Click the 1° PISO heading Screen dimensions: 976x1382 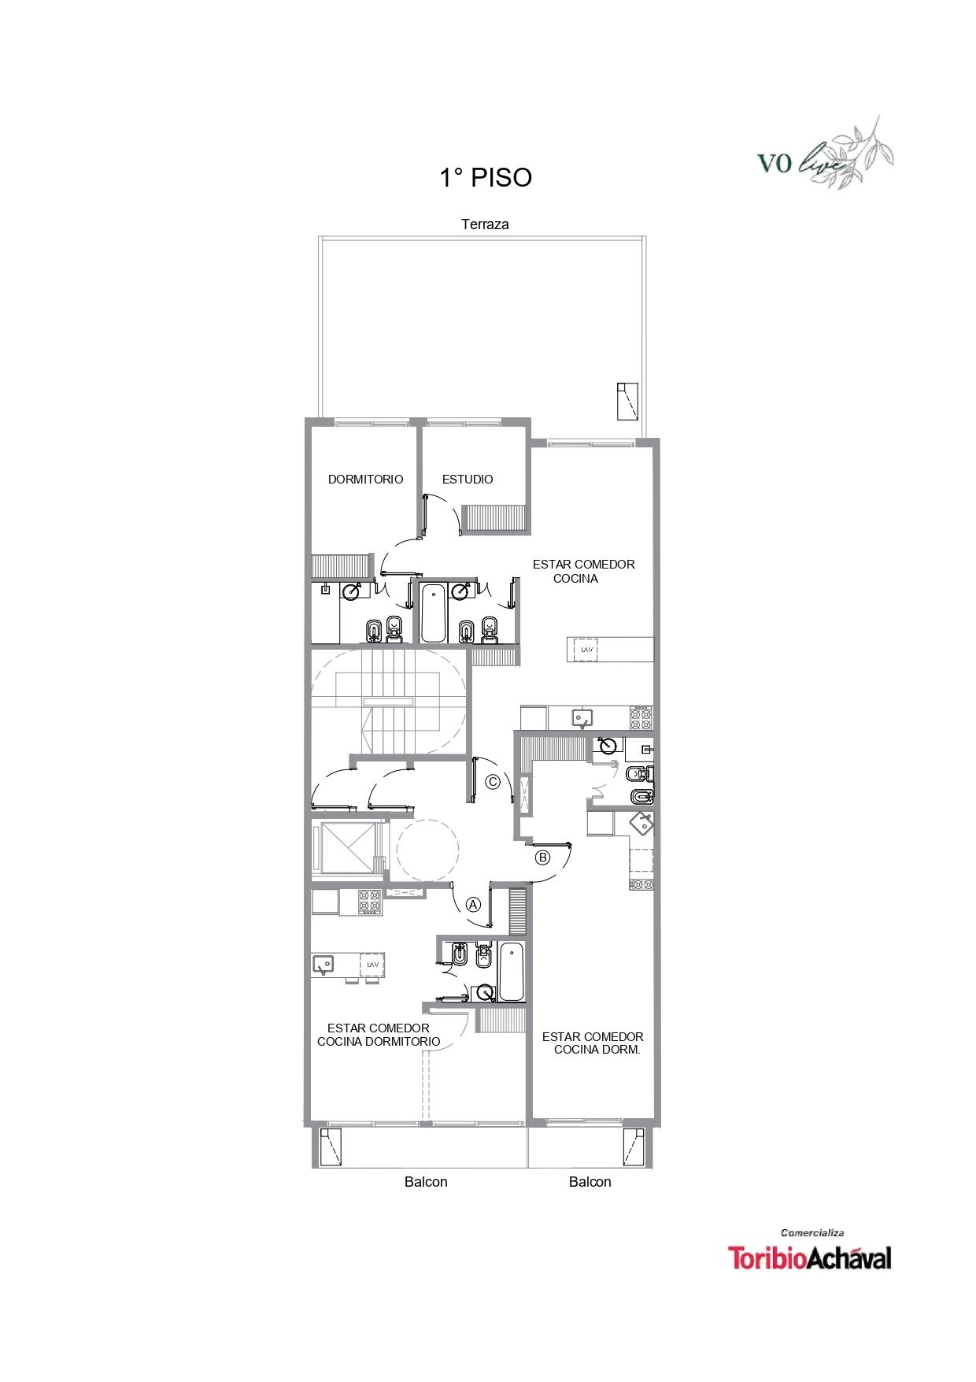point(486,178)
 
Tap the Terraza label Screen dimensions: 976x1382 point(485,224)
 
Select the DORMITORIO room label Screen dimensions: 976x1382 point(365,479)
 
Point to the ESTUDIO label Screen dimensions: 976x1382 point(468,479)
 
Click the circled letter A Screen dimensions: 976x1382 point(473,904)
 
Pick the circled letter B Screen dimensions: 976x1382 point(542,858)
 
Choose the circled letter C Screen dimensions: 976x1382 point(494,782)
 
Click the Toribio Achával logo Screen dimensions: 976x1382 point(810,1258)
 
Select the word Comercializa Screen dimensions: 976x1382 point(812,1232)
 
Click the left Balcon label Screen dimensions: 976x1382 point(426,1182)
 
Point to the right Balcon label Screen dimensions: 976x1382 point(590,1182)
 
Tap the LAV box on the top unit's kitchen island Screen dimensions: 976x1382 point(586,650)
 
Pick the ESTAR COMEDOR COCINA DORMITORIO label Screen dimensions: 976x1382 point(379,1035)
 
